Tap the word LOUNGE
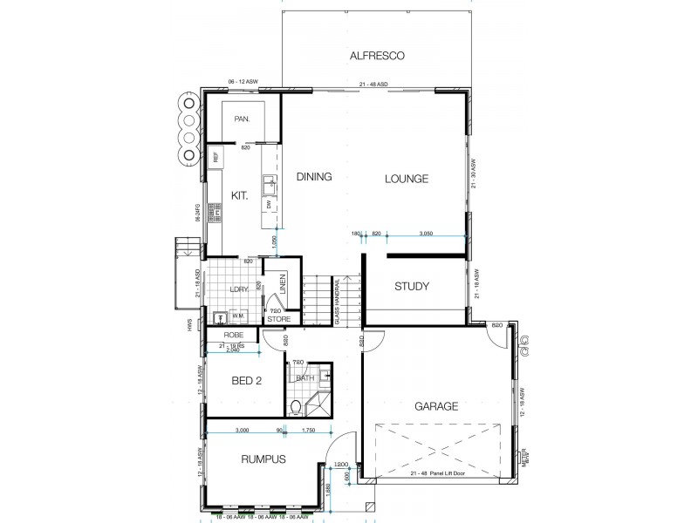[x=407, y=179]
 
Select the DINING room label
[x=314, y=177]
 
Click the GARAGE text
[x=436, y=406]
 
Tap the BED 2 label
[x=247, y=381]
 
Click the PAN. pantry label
[x=243, y=119]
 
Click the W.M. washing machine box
[x=236, y=316]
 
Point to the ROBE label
[x=232, y=334]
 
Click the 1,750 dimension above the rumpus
[x=308, y=431]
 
